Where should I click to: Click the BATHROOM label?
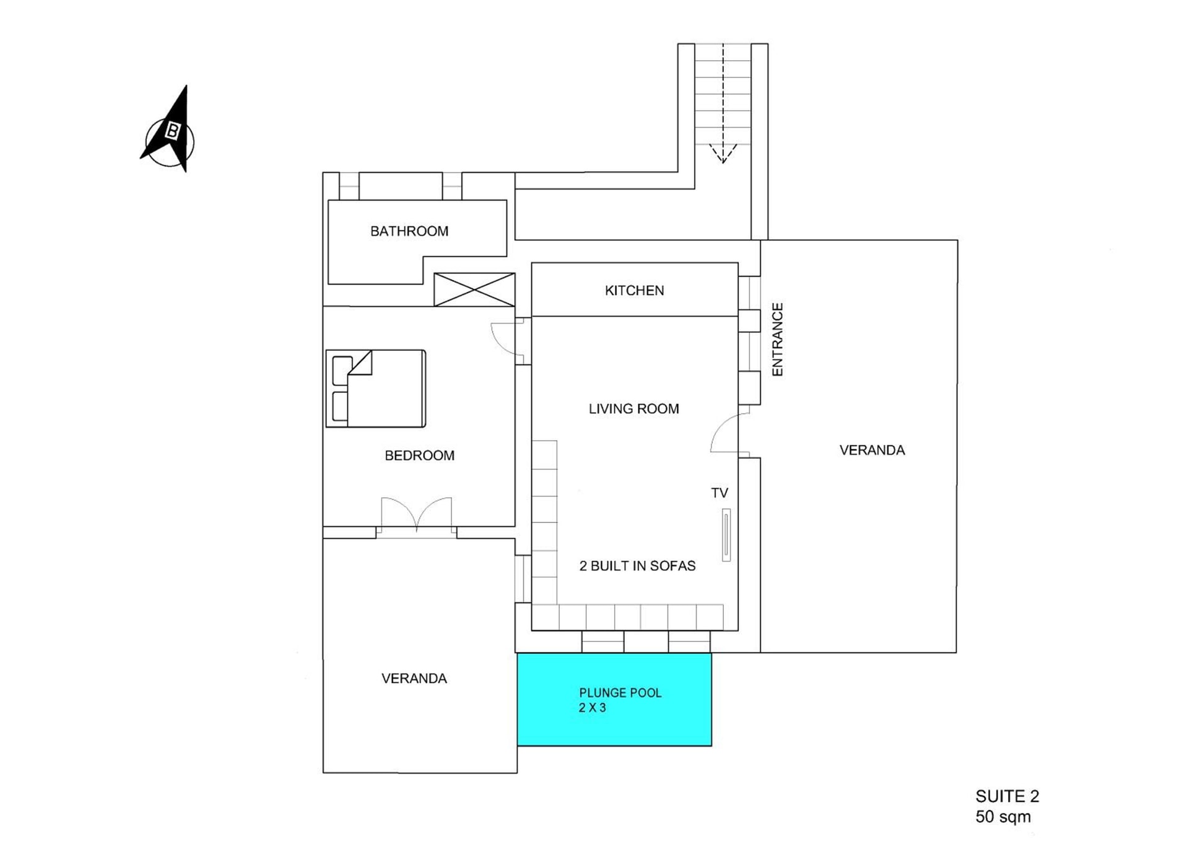click(x=409, y=231)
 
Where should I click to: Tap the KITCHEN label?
click(x=634, y=291)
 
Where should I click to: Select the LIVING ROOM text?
click(x=634, y=409)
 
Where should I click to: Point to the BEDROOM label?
click(x=419, y=456)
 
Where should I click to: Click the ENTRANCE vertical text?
click(x=777, y=339)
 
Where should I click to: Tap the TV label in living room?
click(x=719, y=493)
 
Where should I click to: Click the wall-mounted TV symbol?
click(x=726, y=535)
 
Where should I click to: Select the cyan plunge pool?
click(x=614, y=699)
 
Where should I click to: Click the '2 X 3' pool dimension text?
click(x=592, y=708)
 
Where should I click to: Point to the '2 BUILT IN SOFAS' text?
click(x=637, y=566)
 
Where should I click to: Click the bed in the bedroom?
click(x=376, y=389)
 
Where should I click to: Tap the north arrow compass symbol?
click(x=168, y=131)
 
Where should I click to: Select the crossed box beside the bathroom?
click(x=474, y=289)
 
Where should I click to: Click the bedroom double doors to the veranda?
click(x=416, y=514)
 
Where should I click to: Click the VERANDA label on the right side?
click(x=872, y=451)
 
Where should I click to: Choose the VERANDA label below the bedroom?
click(x=414, y=679)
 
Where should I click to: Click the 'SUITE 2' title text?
click(x=1007, y=796)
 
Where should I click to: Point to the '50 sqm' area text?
click(x=1003, y=817)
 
